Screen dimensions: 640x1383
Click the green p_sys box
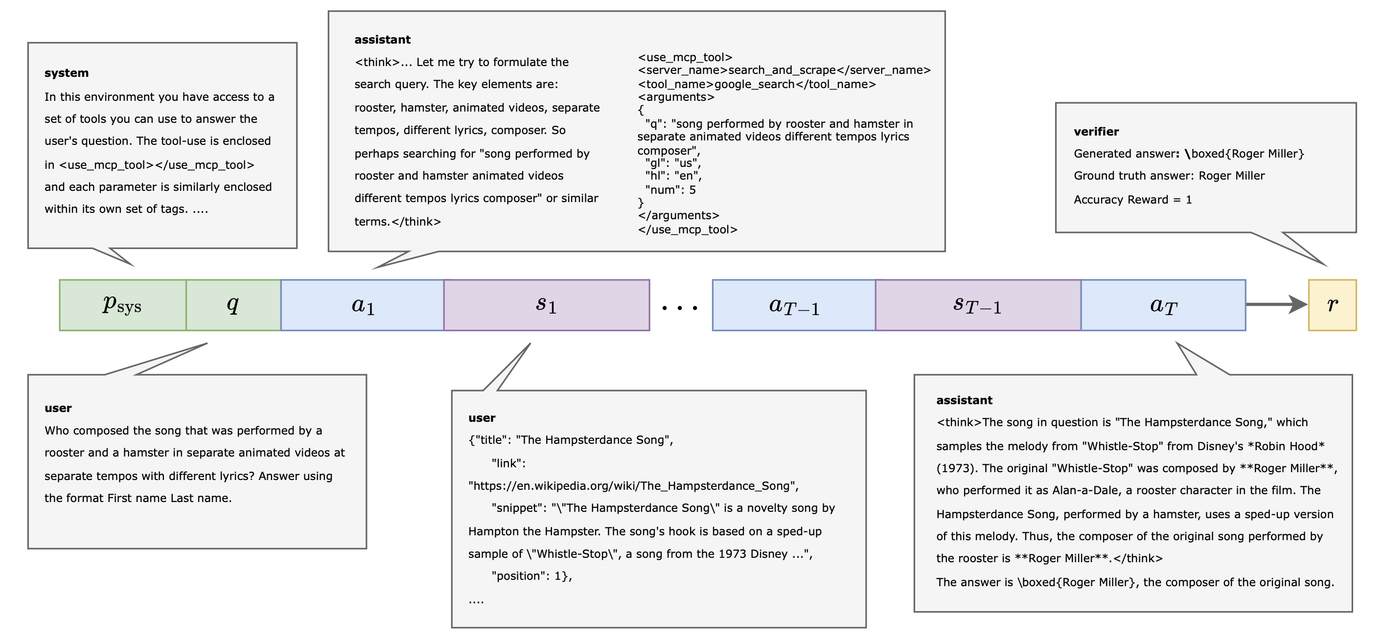click(x=122, y=305)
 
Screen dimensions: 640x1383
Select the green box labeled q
click(x=233, y=305)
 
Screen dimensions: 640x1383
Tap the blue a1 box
click(x=363, y=305)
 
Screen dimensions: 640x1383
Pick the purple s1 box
click(x=547, y=305)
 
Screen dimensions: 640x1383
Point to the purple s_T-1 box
click(x=978, y=305)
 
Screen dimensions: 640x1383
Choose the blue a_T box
click(x=1163, y=305)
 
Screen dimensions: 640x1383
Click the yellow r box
click(x=1332, y=305)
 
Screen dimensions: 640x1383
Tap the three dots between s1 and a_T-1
click(x=680, y=308)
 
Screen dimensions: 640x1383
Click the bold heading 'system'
click(x=67, y=73)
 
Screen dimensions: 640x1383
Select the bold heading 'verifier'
click(x=1096, y=132)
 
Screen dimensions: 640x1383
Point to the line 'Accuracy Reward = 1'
click(x=1132, y=200)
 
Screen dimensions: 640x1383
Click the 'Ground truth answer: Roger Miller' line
click(x=1169, y=176)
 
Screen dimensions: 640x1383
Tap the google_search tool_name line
click(x=757, y=84)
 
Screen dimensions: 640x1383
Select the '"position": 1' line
click(x=531, y=576)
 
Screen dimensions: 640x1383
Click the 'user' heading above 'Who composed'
click(x=58, y=408)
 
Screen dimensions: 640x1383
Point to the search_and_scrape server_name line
click(x=784, y=70)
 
